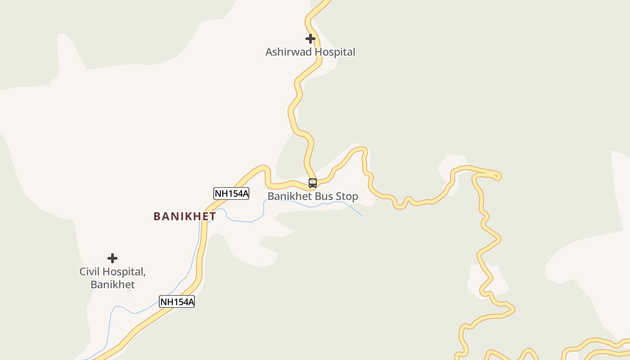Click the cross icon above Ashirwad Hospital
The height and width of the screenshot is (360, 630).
310,39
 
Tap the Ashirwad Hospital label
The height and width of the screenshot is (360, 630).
310,52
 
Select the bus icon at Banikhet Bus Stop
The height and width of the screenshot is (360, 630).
313,183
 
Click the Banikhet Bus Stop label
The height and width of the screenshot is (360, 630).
313,197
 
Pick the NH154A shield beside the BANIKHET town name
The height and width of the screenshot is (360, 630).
231,193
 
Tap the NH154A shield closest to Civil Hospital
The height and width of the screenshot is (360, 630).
177,301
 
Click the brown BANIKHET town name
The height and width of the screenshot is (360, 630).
184,216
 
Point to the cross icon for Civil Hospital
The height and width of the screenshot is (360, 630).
112,258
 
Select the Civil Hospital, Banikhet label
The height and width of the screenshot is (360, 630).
112,278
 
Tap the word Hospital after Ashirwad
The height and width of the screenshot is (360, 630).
335,52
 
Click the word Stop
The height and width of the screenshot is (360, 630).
347,197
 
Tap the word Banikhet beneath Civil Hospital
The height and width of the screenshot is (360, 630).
112,284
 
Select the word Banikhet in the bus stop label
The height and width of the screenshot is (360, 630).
289,197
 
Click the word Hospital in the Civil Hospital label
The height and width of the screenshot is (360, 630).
124,272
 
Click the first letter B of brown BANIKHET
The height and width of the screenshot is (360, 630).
157,216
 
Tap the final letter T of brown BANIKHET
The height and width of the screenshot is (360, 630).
212,216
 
